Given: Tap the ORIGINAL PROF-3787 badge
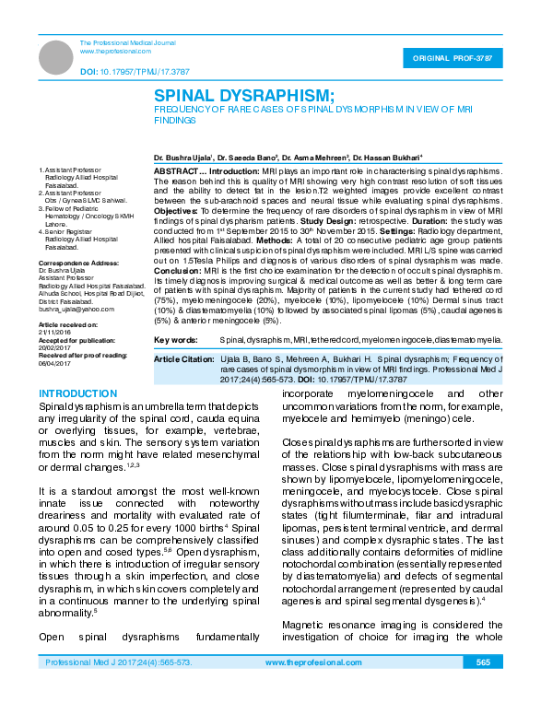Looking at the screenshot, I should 460,58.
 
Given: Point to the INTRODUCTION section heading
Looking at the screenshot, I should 73,394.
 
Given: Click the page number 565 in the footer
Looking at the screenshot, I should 483,662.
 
